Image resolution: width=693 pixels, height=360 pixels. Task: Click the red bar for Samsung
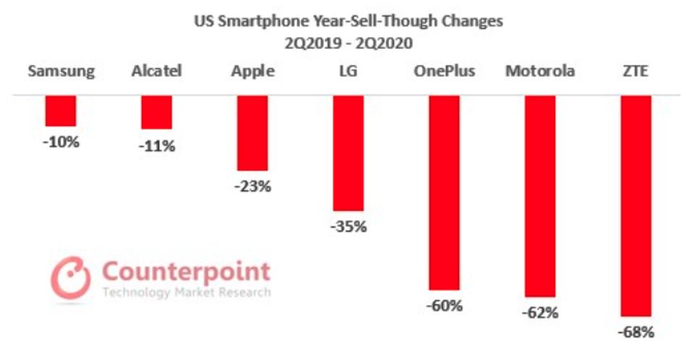coord(61,111)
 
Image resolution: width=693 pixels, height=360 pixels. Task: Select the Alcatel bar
coord(156,112)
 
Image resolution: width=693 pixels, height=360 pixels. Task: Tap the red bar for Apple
coord(252,133)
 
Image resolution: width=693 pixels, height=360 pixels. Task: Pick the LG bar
coord(348,153)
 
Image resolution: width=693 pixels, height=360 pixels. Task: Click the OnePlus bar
coord(444,192)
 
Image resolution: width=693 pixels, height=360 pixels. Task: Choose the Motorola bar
coord(540,196)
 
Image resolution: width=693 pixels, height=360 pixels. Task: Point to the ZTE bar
coord(636,206)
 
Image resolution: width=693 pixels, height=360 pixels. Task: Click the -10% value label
coord(61,142)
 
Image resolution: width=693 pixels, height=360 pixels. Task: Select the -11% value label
coord(157,146)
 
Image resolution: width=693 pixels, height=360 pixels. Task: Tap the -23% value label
coord(252,187)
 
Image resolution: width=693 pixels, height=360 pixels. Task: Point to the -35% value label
coord(349,227)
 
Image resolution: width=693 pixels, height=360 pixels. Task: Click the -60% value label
coord(444,306)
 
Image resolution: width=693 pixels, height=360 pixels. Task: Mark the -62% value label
coord(540,314)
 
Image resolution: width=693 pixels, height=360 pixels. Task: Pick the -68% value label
coord(636,333)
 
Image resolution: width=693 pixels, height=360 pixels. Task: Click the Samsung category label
coord(61,72)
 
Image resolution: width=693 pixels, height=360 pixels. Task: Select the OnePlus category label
coord(444,72)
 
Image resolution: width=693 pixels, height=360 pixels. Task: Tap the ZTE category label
coord(636,72)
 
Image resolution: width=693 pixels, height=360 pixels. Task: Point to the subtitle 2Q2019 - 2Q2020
coord(348,42)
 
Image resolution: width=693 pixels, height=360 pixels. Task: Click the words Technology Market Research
coord(187,293)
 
